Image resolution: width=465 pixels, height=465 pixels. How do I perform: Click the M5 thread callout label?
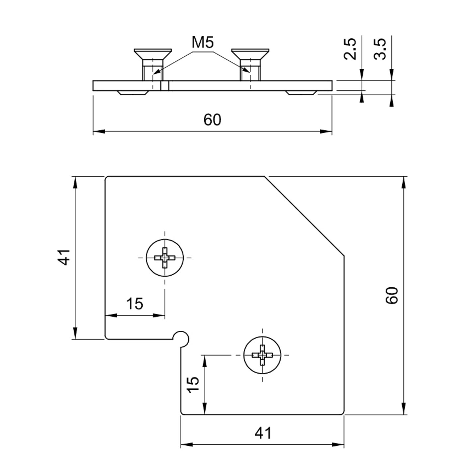coord(203,42)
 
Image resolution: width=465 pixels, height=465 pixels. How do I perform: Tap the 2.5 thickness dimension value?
coord(350,49)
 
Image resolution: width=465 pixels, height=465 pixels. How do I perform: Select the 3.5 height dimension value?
coord(380,49)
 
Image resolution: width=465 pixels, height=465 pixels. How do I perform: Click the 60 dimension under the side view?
coord(212,120)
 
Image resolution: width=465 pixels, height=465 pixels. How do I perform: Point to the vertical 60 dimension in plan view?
coord(391,295)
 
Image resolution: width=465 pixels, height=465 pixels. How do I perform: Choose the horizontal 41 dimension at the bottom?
coord(263,433)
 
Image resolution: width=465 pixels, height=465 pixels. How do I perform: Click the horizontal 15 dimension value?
coord(135,303)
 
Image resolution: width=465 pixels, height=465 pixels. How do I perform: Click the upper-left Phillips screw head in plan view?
coord(165,258)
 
